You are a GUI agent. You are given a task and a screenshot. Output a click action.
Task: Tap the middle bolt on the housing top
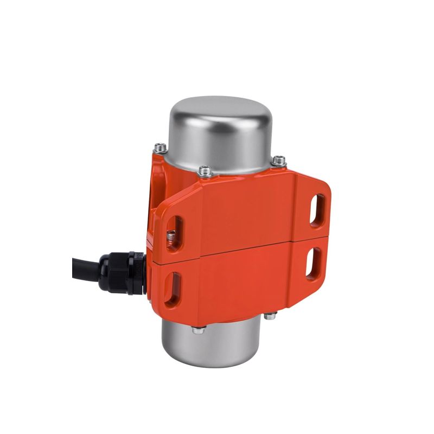(x=205, y=171)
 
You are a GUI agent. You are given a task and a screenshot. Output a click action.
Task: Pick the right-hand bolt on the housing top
(x=279, y=160)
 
